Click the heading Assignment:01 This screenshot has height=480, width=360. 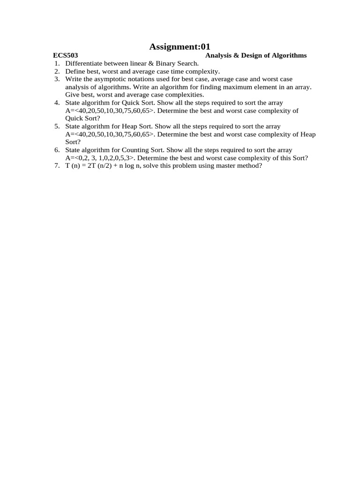click(x=180, y=46)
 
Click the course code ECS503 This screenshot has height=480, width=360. click(x=66, y=55)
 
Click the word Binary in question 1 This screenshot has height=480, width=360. click(x=156, y=63)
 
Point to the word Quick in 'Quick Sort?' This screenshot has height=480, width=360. click(x=74, y=119)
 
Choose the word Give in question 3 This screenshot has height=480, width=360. click(x=73, y=95)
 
